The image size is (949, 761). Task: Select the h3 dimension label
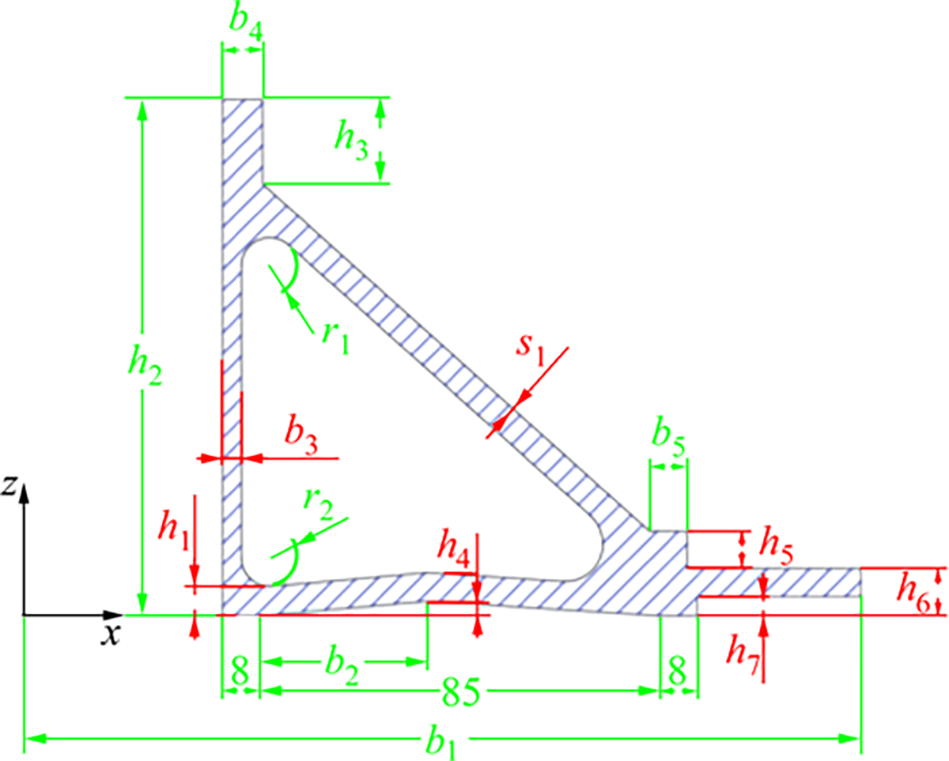coord(351,139)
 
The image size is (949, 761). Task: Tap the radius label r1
coord(335,340)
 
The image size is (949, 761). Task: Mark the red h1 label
coord(174,531)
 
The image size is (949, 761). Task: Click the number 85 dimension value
coord(460,692)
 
